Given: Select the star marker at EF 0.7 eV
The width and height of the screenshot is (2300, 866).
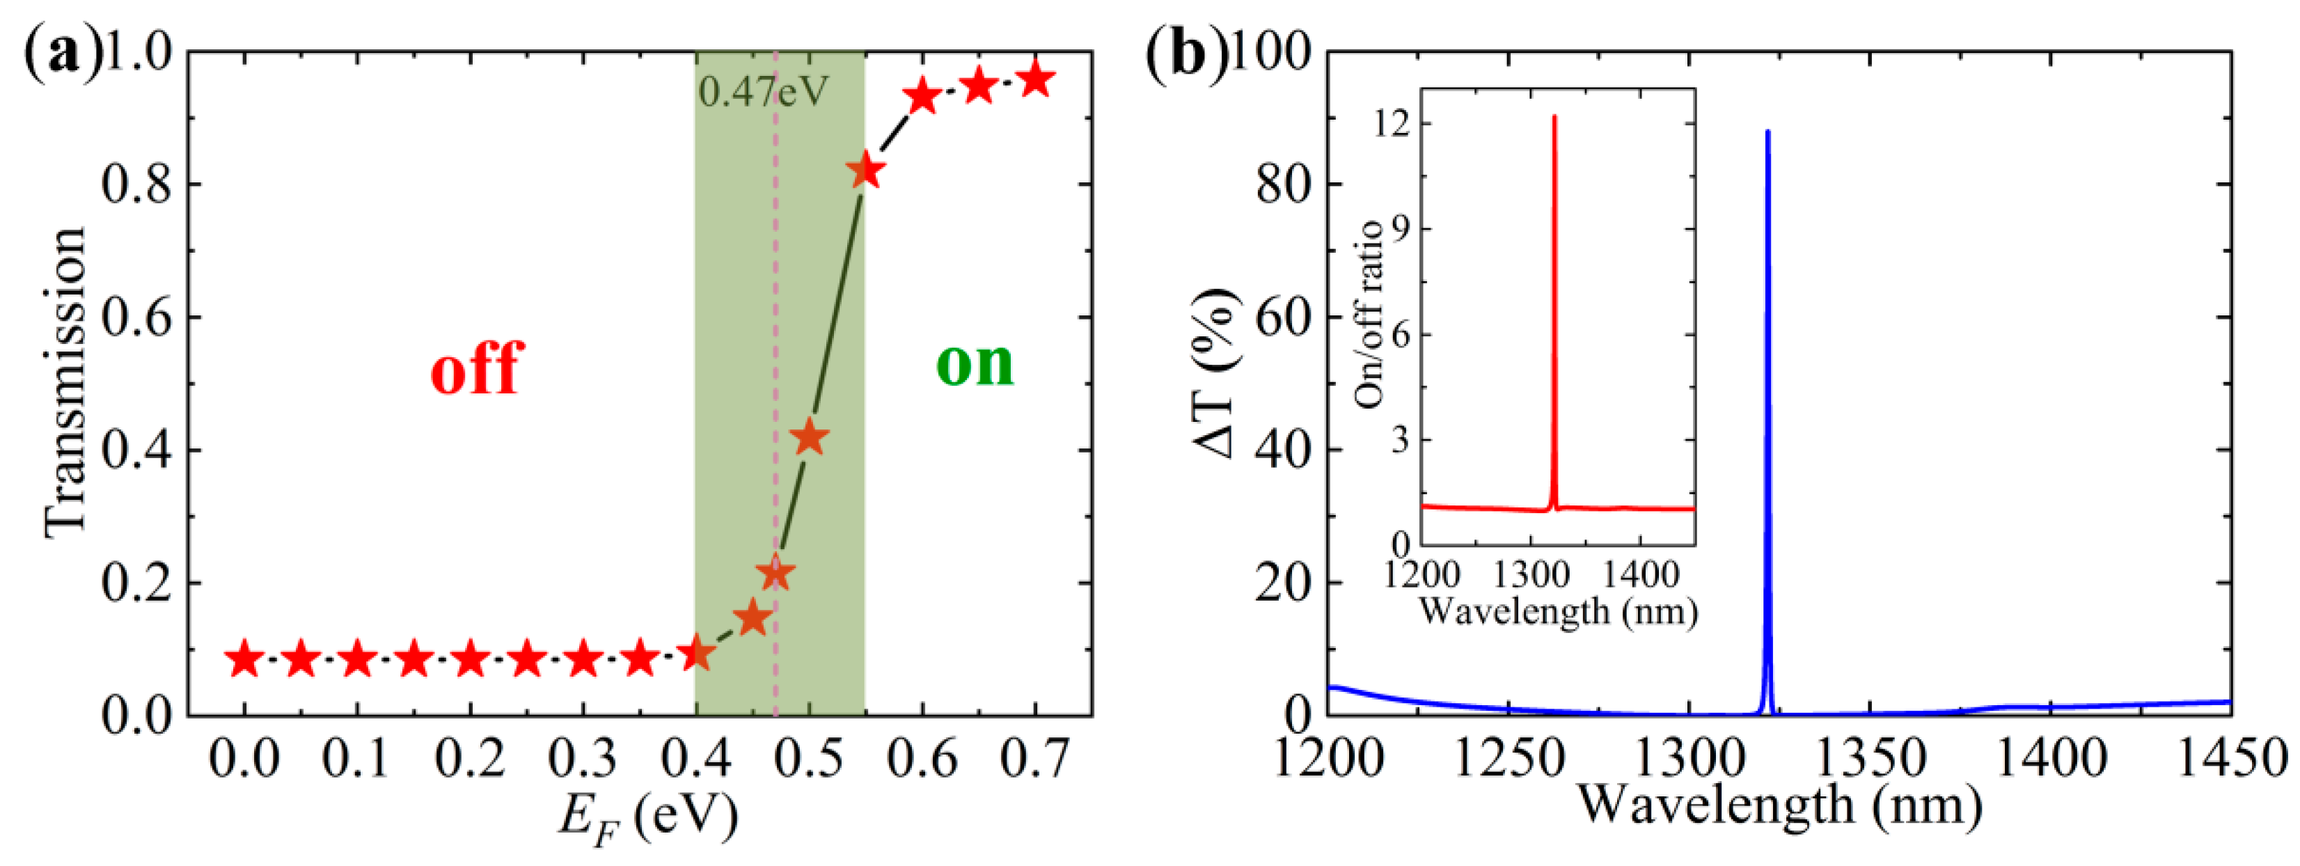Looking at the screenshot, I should coord(1036,80).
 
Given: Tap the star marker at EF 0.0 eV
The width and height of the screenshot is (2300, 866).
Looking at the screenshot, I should coord(244,661).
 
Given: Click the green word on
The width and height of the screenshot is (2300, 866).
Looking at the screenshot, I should coord(975,363).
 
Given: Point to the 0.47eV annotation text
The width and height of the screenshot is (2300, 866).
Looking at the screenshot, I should coord(764,92).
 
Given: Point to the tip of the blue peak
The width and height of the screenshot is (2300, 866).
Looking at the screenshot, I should coord(1768,132).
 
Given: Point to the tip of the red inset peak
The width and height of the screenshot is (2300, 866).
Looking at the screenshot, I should coord(1554,116).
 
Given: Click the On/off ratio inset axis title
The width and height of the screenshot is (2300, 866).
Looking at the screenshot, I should coord(1368,314).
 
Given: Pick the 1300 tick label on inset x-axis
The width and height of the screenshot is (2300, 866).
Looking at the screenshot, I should coord(1530,575).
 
